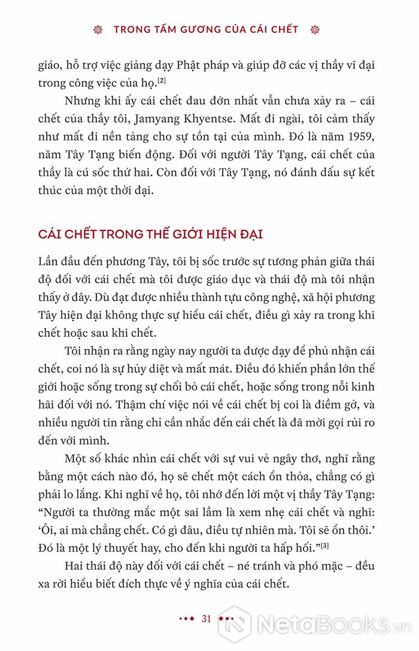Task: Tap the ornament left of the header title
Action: (x=100, y=29)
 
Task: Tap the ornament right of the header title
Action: (x=317, y=29)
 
